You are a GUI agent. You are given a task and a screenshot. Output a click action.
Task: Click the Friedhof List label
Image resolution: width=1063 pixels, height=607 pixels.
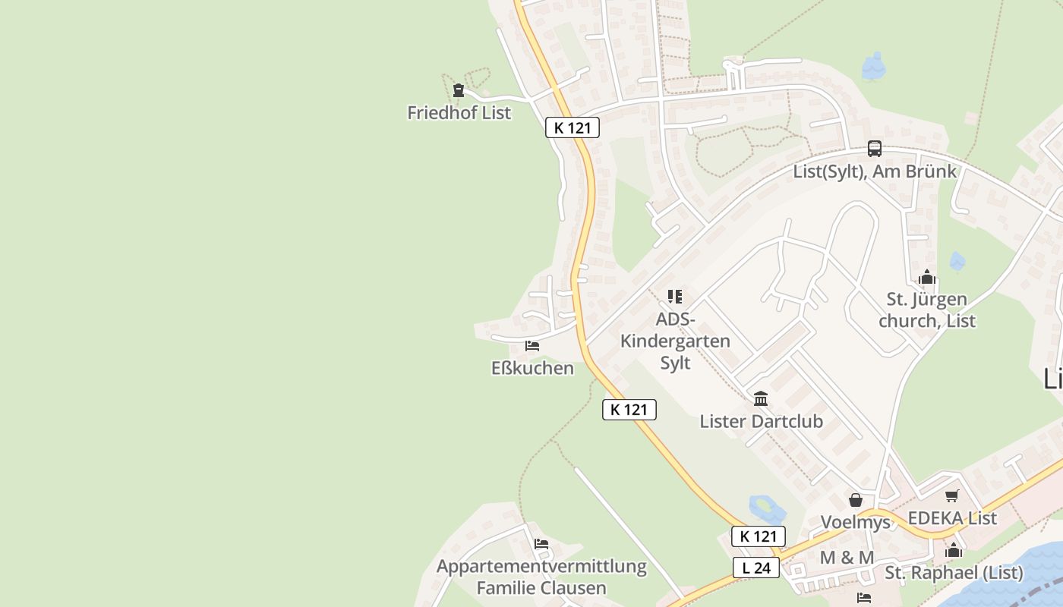[459, 113]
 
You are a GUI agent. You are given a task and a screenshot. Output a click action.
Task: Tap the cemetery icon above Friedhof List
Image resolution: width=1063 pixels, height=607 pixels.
[458, 91]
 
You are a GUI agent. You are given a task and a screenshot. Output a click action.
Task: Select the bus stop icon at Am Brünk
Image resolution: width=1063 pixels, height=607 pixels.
[875, 149]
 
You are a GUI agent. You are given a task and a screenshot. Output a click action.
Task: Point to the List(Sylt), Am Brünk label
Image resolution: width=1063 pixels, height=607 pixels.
[875, 171]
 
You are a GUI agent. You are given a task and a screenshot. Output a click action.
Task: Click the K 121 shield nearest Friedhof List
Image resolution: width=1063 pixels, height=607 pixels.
[573, 127]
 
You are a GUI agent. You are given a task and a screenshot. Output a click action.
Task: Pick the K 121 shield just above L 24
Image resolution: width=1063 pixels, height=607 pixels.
[758, 536]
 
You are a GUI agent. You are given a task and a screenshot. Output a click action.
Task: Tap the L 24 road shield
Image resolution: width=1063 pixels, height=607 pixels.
[756, 568]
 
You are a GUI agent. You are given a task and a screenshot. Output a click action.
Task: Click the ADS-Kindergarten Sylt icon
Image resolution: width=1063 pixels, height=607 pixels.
[675, 297]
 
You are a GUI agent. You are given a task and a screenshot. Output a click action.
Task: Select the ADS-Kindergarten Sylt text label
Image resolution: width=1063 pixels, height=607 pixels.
[675, 341]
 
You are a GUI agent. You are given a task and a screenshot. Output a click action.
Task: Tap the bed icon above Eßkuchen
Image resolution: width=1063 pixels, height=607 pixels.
[532, 346]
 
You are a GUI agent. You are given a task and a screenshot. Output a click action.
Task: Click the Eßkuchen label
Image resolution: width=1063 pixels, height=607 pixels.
[532, 368]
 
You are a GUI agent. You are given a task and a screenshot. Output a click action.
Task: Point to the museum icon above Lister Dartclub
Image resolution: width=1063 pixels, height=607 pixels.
[761, 398]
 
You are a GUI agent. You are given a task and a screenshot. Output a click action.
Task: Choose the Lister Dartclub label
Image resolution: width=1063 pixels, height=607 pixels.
[761, 421]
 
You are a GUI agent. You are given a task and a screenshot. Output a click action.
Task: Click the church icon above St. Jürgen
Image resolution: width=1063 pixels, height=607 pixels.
[926, 278]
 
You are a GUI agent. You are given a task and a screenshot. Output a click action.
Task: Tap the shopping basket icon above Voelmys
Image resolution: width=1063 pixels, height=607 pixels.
[856, 500]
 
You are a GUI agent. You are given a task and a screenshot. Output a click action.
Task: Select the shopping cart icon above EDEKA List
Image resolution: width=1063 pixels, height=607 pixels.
[952, 496]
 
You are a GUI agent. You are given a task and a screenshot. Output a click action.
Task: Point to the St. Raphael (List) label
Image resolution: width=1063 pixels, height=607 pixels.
[954, 573]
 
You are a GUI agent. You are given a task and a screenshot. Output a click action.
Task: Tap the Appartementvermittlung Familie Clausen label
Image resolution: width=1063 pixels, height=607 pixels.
[541, 577]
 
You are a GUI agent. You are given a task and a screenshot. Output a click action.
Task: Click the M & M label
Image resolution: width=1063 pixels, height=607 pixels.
[847, 558]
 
